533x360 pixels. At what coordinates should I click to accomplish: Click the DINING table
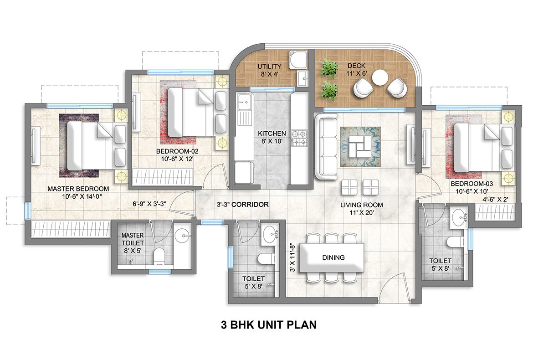(x=333, y=257)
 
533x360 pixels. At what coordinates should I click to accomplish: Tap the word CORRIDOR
(x=250, y=205)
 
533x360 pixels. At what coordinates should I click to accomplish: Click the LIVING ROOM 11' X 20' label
(x=362, y=209)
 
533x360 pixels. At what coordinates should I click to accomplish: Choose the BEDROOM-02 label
(x=177, y=155)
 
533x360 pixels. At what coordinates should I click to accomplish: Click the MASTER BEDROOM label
(x=79, y=192)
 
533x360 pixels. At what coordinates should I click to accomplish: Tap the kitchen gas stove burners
(x=300, y=138)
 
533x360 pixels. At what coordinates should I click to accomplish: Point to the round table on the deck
(x=379, y=77)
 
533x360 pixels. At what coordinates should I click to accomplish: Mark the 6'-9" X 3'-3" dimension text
(x=149, y=205)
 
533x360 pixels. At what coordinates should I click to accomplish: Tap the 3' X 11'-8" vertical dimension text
(x=292, y=257)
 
